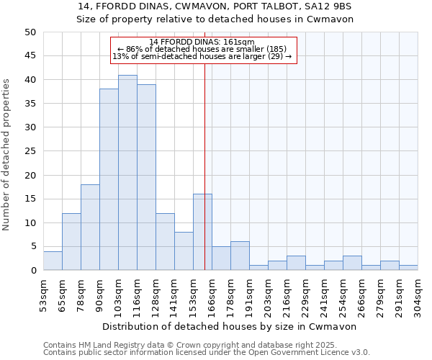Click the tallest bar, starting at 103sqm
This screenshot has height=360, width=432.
[127, 173]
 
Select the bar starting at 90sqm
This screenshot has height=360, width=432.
[109, 180]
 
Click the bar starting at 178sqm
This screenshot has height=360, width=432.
[240, 256]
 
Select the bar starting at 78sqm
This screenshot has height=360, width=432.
[90, 228]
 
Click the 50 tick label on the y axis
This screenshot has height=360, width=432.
[30, 32]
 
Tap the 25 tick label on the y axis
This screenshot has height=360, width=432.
[30, 151]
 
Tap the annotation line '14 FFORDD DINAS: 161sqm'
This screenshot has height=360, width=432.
[202, 42]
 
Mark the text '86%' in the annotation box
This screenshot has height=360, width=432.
[135, 50]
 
